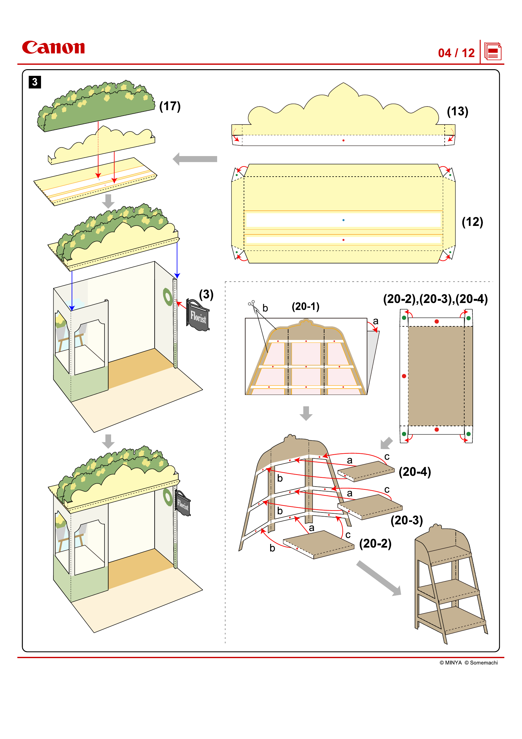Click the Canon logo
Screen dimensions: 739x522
point(53,47)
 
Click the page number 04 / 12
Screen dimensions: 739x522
point(456,53)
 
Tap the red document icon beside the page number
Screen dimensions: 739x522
point(492,51)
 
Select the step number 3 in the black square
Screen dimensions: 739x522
point(35,82)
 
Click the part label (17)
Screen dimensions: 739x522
point(170,106)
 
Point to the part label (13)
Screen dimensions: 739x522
point(457,111)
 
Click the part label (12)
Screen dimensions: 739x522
point(472,222)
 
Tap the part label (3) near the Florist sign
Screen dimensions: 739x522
point(206,294)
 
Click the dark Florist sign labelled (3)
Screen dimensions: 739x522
point(198,316)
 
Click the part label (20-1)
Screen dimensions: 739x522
point(305,306)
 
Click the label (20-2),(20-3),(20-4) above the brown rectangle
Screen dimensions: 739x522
point(435,299)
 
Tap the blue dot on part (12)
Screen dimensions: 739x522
point(343,220)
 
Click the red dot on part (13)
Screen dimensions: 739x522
point(343,141)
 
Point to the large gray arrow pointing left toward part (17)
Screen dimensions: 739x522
point(195,159)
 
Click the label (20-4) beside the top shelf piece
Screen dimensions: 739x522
point(414,472)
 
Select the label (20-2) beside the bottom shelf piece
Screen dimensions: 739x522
point(375,544)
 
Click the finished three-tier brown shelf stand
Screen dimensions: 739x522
point(450,583)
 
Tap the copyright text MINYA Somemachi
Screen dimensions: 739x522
point(468,663)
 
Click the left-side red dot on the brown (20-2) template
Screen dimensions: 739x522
point(404,376)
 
